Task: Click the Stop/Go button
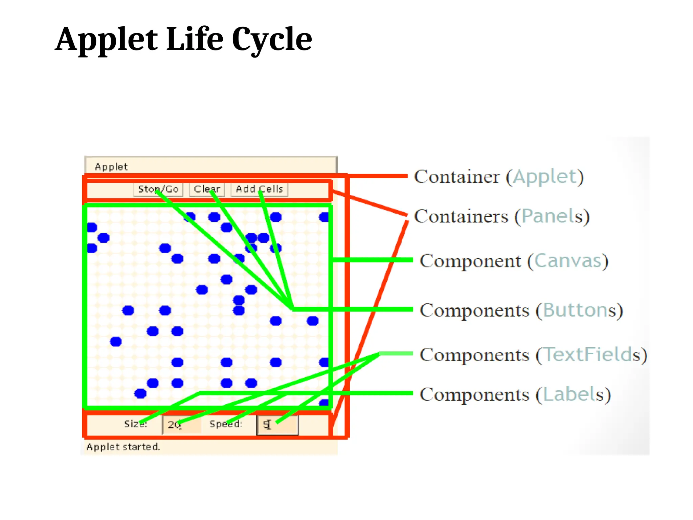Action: [158, 189]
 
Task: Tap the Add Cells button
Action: [259, 189]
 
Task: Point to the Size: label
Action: [135, 424]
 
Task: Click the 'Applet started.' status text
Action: [123, 447]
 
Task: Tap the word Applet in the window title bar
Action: [111, 167]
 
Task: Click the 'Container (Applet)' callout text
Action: [499, 177]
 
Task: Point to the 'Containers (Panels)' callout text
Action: [501, 216]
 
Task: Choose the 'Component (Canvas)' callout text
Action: [514, 261]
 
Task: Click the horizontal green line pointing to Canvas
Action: [372, 260]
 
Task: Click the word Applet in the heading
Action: [106, 40]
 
